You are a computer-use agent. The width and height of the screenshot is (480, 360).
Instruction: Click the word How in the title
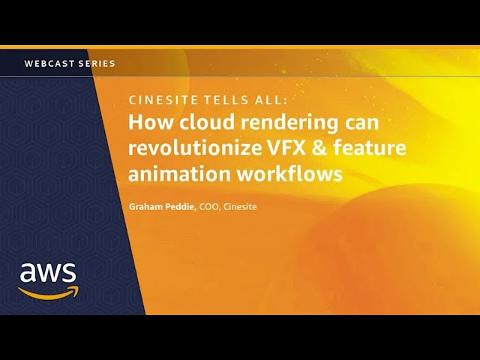pyautogui.click(x=148, y=122)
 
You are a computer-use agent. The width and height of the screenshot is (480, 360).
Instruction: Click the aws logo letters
pyautogui.click(x=48, y=272)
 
